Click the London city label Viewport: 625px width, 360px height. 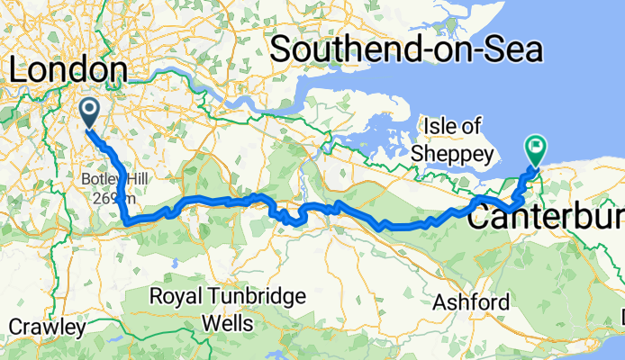[68, 69]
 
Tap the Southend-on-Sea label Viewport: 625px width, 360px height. [407, 49]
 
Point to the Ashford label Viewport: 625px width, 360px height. [470, 302]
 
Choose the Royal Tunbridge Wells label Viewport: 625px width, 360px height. [228, 308]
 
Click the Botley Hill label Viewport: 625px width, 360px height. [108, 177]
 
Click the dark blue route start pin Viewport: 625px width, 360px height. [90, 112]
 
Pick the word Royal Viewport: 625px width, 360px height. [176, 295]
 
